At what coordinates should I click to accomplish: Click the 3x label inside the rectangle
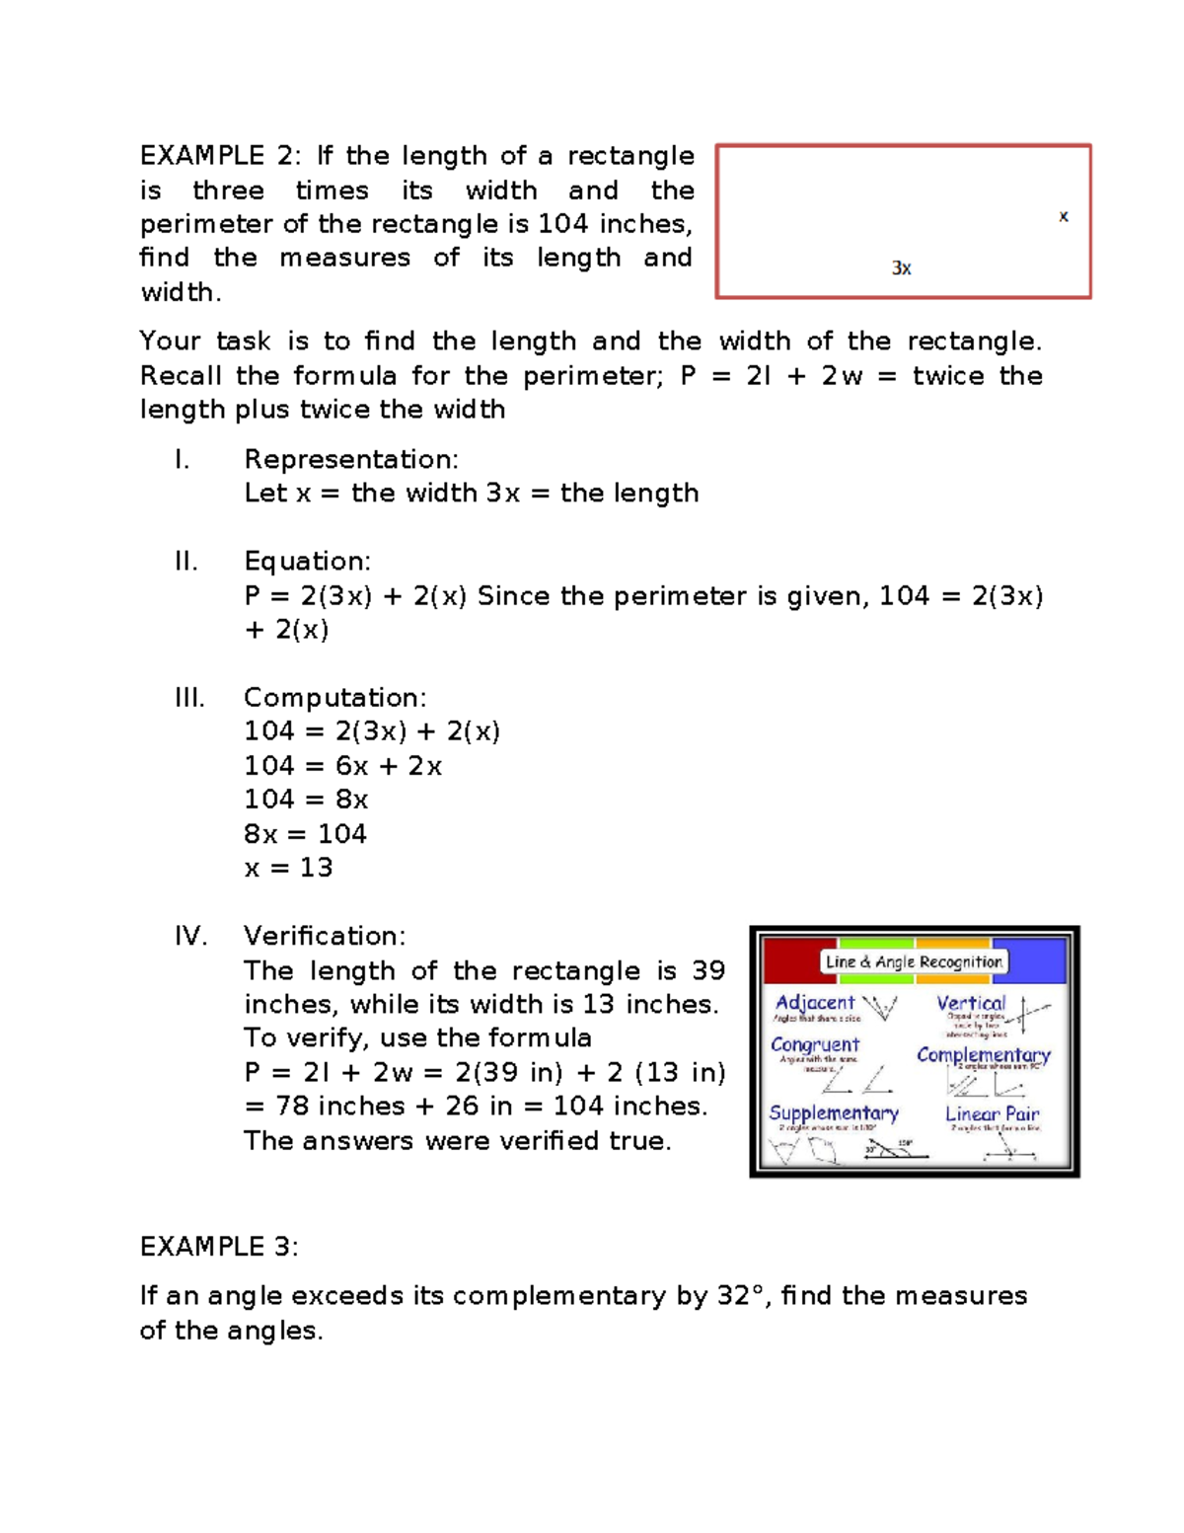pyautogui.click(x=901, y=268)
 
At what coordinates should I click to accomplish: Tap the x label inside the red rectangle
pyautogui.click(x=1063, y=215)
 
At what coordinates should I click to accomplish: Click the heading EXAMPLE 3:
pyautogui.click(x=219, y=1247)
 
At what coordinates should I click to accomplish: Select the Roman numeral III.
pyautogui.click(x=189, y=698)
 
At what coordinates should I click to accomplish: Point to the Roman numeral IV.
pyautogui.click(x=191, y=936)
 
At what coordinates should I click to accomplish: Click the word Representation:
pyautogui.click(x=351, y=459)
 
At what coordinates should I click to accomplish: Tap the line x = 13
pyautogui.click(x=288, y=868)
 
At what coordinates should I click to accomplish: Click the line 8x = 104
pyautogui.click(x=305, y=834)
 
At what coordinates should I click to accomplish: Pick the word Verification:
pyautogui.click(x=325, y=936)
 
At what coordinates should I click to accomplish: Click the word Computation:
pyautogui.click(x=335, y=698)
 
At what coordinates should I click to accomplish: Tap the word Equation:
pyautogui.click(x=308, y=562)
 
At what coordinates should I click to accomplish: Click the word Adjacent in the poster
pyautogui.click(x=815, y=1003)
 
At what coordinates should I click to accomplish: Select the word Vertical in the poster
pyautogui.click(x=971, y=1003)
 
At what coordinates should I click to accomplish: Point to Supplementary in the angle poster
pyautogui.click(x=834, y=1113)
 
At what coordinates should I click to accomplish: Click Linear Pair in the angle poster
pyautogui.click(x=992, y=1113)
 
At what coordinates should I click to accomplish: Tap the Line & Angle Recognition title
pyautogui.click(x=914, y=961)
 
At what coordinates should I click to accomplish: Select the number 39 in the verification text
pyautogui.click(x=707, y=970)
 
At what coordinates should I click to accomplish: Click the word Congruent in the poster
pyautogui.click(x=815, y=1044)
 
